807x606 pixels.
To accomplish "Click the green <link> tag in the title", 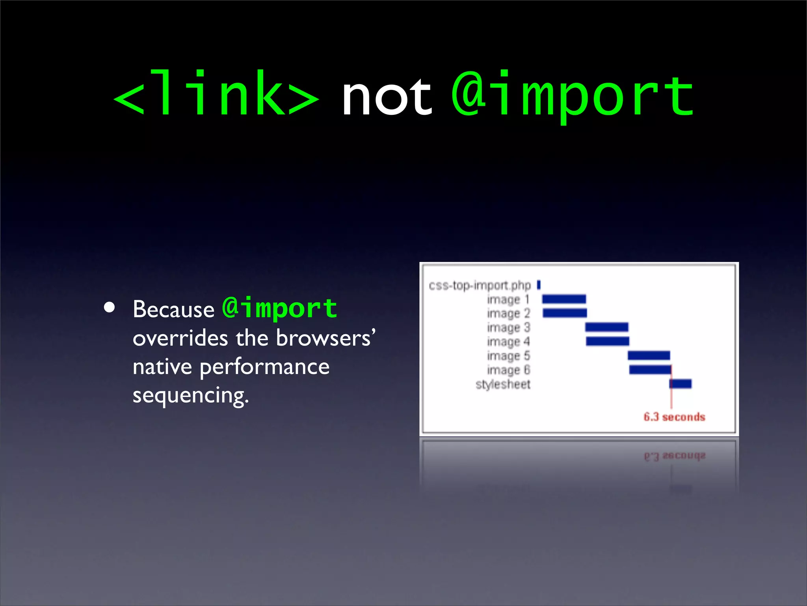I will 216,95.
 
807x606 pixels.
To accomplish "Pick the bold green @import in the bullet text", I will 279,308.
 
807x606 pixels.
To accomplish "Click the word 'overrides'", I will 180,338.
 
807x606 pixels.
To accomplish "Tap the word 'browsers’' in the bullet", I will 325,338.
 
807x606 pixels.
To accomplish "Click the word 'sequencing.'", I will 191,396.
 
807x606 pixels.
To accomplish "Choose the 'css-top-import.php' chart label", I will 480,285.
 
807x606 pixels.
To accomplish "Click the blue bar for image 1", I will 564,299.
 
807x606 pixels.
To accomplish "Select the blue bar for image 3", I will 606,327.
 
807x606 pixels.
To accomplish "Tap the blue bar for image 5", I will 649,355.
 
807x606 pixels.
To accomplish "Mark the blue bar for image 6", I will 650,370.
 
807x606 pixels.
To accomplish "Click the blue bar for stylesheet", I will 681,383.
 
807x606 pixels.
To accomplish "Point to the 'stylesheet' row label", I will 503,384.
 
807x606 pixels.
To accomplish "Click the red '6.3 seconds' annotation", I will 674,417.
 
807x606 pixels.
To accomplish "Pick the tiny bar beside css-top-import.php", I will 539,284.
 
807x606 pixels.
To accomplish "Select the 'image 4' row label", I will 508,342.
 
